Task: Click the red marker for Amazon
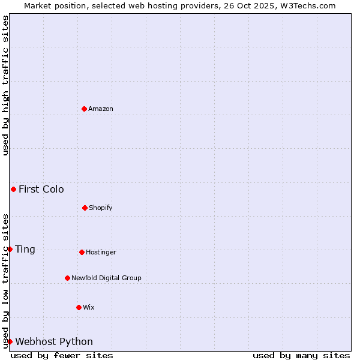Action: [x=84, y=109]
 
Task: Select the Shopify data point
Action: [x=85, y=208]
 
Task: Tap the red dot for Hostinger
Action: [x=82, y=252]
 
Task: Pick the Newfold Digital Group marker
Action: [x=67, y=278]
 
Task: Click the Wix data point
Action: [x=79, y=307]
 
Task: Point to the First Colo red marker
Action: [x=13, y=189]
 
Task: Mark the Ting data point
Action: [x=10, y=249]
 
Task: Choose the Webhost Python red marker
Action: [x=10, y=341]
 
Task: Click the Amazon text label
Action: [x=101, y=109]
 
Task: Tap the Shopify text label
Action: [x=101, y=208]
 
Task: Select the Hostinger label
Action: [x=101, y=253]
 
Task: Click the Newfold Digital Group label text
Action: [x=106, y=278]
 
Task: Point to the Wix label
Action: [x=89, y=308]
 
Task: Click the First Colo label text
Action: [x=41, y=190]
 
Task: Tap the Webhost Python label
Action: [x=54, y=342]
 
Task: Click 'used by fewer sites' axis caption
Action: [x=62, y=355]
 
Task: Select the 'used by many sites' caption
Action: [x=301, y=355]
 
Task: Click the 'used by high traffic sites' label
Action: [x=6, y=85]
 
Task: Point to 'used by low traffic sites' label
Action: [x=6, y=280]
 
